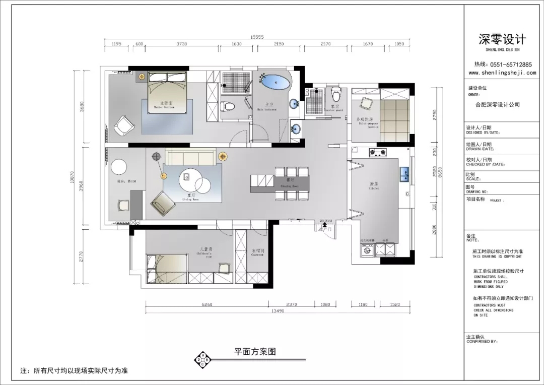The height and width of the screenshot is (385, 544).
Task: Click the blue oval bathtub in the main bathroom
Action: click(275, 82)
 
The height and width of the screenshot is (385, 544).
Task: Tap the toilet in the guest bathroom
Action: click(336, 94)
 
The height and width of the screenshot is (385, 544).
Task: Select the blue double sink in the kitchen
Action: click(403, 174)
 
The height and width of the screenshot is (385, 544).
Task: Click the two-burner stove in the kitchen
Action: click(379, 151)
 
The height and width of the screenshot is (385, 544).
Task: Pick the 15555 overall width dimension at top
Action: click(257, 37)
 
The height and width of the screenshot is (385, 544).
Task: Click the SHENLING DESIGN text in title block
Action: click(502, 50)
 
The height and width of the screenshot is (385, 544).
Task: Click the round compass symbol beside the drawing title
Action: click(203, 359)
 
